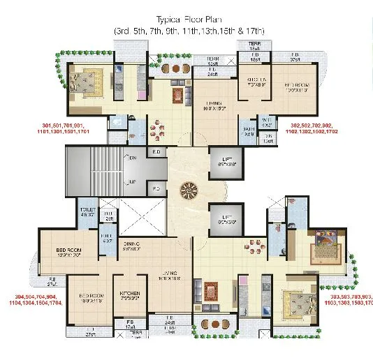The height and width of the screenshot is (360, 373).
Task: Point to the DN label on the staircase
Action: point(133,158)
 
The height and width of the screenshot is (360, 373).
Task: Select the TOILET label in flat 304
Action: point(87,212)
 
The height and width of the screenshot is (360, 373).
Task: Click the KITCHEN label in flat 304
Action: point(131,297)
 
